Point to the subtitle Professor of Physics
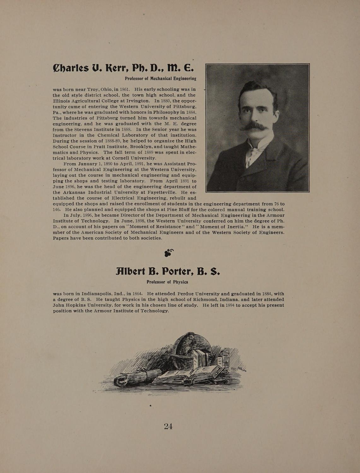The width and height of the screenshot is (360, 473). pyautogui.click(x=167, y=282)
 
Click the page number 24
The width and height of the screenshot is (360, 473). pyautogui.click(x=168, y=426)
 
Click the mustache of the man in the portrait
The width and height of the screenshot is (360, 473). pyautogui.click(x=254, y=127)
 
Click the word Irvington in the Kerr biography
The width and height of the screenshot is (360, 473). pyautogui.click(x=136, y=101)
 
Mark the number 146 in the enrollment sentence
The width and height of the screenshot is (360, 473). pyautogui.click(x=57, y=210)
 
